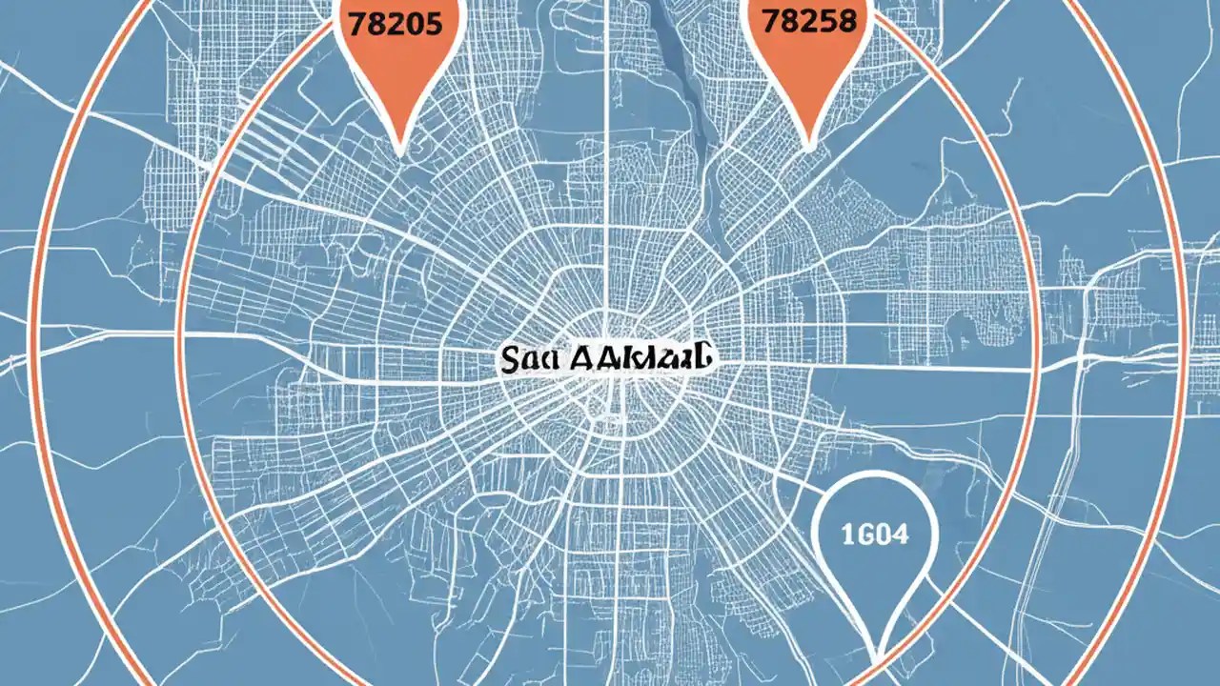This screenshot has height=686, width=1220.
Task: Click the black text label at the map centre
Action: pos(605,359)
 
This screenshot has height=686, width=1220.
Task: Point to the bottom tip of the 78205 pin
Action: pos(401,151)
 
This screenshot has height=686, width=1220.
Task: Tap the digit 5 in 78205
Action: pos(435,22)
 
